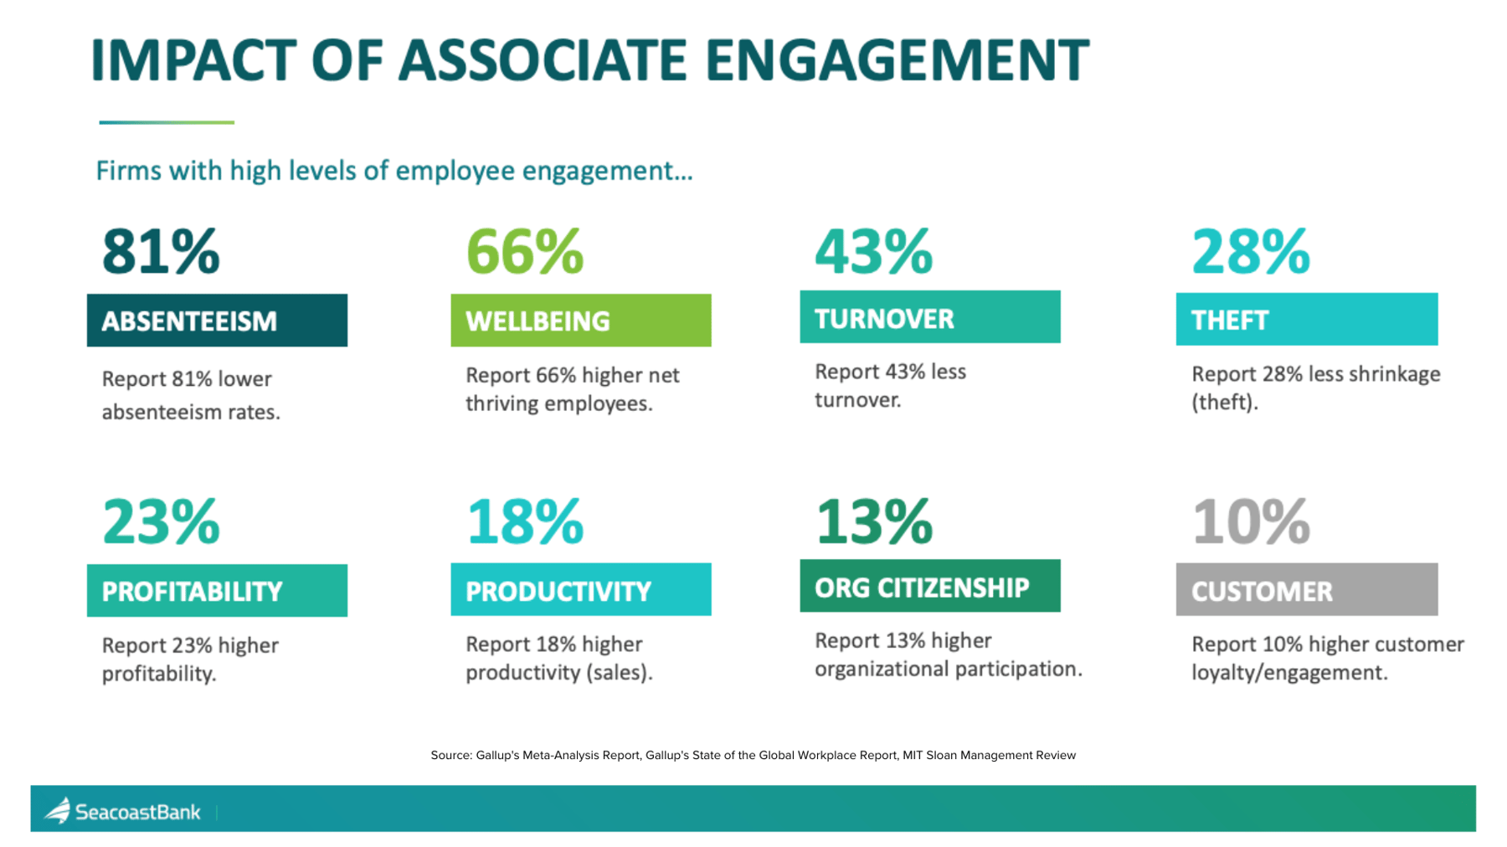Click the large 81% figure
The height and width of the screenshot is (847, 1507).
160,251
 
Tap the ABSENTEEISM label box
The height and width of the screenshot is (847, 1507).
217,321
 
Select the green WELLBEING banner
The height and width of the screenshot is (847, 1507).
580,321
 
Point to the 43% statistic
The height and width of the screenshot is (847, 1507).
873,251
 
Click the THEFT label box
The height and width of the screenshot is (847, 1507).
1306,319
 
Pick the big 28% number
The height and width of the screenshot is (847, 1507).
1250,251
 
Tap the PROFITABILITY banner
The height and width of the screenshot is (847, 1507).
217,591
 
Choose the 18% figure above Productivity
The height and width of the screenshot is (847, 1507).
524,521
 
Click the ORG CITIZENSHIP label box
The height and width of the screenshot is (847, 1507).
929,587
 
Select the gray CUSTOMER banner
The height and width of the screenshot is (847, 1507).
1306,590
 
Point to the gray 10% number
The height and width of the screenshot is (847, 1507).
1250,521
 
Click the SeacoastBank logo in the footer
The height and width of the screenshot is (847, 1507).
123,811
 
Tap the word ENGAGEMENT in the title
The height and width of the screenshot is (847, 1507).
897,60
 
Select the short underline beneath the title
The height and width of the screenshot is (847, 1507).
167,122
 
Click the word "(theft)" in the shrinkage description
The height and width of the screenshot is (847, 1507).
1224,403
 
